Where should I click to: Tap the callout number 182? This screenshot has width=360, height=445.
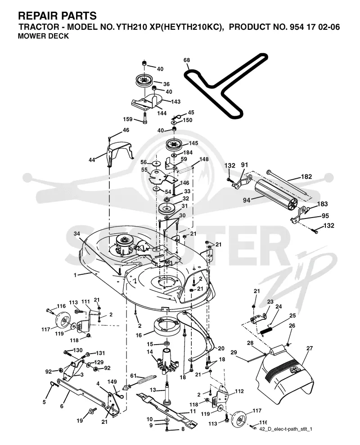point(306,177)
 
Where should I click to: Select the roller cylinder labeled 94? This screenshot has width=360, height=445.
point(275,196)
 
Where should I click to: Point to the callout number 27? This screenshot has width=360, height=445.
point(310,348)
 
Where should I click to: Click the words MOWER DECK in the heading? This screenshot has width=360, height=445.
point(43,36)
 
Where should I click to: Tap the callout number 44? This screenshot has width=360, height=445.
point(92,160)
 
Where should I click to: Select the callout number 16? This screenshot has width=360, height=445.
point(139,336)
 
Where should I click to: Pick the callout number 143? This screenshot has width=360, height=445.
point(176,102)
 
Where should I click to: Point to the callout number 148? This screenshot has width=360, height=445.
point(204,159)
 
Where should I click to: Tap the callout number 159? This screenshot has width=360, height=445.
point(128,119)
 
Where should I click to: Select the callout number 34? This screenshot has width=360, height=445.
point(77,234)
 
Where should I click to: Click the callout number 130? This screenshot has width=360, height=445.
point(78,350)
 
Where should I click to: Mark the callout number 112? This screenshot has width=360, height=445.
point(239,391)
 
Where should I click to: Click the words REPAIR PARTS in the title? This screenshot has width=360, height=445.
point(58,15)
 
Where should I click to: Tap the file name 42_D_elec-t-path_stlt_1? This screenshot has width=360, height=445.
point(286,429)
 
